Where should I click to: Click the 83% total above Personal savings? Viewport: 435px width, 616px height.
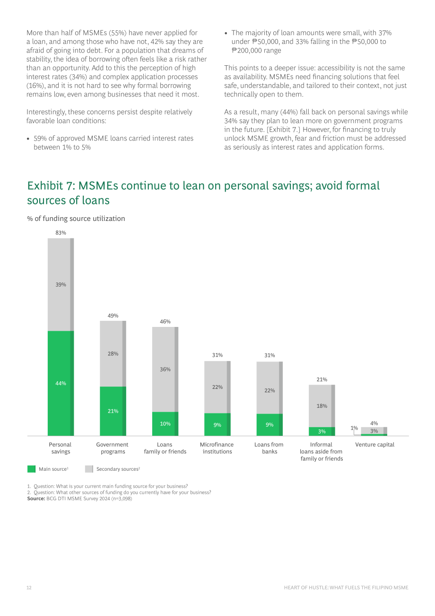pos(61,233)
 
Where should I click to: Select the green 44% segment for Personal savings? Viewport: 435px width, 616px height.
pos(61,383)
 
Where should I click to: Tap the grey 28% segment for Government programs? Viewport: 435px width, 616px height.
pos(113,353)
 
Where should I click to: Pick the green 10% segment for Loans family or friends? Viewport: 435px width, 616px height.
pos(165,424)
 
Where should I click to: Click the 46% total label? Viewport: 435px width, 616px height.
pos(165,321)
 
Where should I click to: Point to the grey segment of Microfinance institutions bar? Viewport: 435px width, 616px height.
pos(217,387)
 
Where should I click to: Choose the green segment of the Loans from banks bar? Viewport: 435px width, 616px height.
pos(270,425)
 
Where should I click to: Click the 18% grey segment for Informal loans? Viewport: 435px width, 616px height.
pos(322,406)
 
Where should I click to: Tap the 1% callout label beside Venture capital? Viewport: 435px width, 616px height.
pos(354,428)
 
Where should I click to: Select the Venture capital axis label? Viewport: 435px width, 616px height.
pos(374,445)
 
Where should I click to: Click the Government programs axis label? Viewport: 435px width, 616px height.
pos(113,448)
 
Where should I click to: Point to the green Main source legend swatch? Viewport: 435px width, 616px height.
pos(31,469)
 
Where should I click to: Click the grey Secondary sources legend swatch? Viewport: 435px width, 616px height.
pos(89,469)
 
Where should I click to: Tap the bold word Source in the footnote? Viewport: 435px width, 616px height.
pos(36,499)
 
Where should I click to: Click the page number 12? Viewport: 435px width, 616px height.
pos(29,588)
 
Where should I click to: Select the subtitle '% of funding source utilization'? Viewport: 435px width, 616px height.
pos(76,219)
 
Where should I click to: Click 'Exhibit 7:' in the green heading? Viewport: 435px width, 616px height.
pos(52,185)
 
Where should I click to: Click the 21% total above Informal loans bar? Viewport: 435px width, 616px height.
pos(322,379)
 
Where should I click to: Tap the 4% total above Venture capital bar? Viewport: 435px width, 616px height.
pos(374,423)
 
